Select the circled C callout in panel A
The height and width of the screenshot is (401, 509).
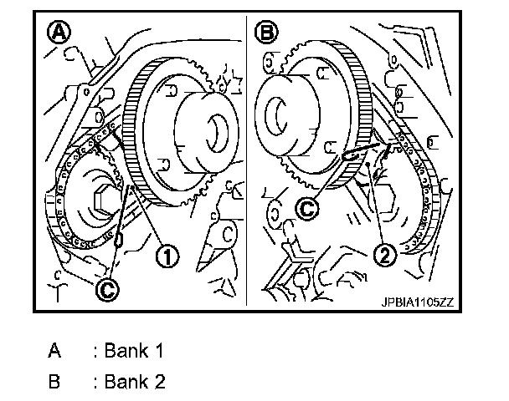click(x=106, y=288)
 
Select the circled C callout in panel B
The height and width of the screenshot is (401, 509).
click(x=309, y=210)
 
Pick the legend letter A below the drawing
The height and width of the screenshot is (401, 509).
click(x=55, y=351)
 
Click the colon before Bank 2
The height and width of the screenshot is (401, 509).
click(x=96, y=383)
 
